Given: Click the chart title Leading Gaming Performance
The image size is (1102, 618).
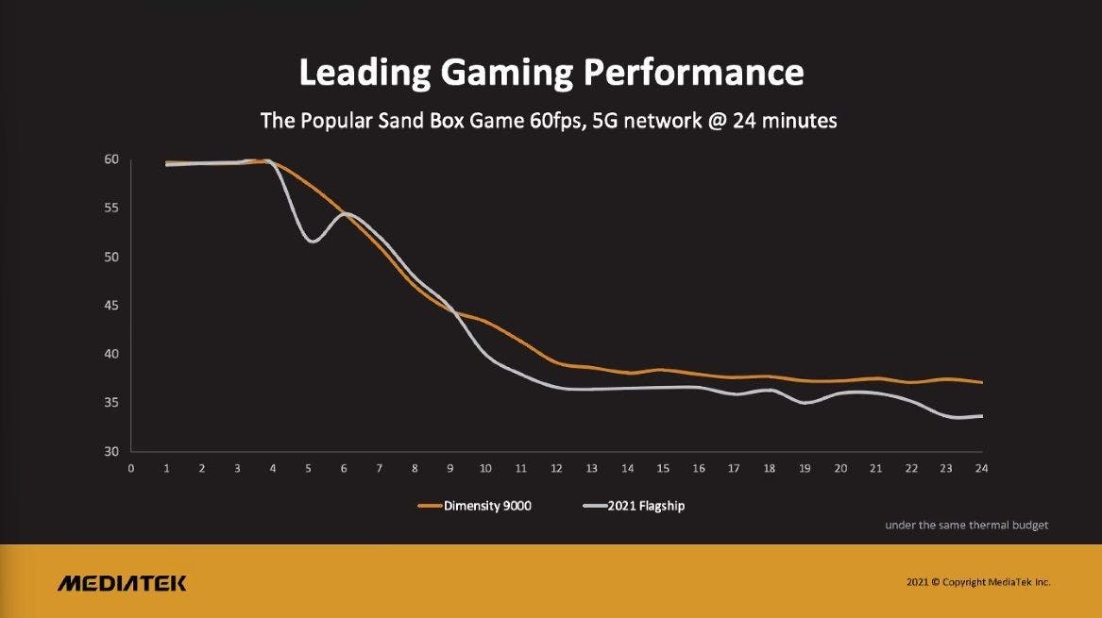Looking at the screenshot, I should point(551,72).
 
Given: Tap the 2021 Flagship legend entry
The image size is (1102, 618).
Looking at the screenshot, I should point(646,506).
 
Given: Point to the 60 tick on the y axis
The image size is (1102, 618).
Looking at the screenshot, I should point(111,159).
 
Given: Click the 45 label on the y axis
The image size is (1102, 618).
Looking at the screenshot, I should point(111,306).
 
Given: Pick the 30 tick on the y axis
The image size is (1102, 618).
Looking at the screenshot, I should point(111,452).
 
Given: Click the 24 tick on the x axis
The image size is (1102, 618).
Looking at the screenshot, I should point(981,468).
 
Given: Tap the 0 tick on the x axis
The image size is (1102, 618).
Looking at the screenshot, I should point(131,468).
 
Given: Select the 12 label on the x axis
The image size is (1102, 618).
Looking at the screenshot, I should point(556,468).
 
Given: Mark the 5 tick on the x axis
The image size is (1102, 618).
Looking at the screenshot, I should point(308,468).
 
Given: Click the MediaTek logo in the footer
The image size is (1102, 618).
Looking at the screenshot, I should point(122,583).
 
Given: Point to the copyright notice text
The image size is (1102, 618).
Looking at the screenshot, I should point(977,583).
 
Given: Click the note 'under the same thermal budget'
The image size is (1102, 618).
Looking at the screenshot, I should point(966,525).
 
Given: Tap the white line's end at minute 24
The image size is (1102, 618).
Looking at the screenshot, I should point(981,416).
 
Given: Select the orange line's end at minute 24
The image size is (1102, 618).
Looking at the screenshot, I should point(981,382).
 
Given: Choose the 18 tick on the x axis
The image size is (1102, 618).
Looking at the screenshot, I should point(769,468).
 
